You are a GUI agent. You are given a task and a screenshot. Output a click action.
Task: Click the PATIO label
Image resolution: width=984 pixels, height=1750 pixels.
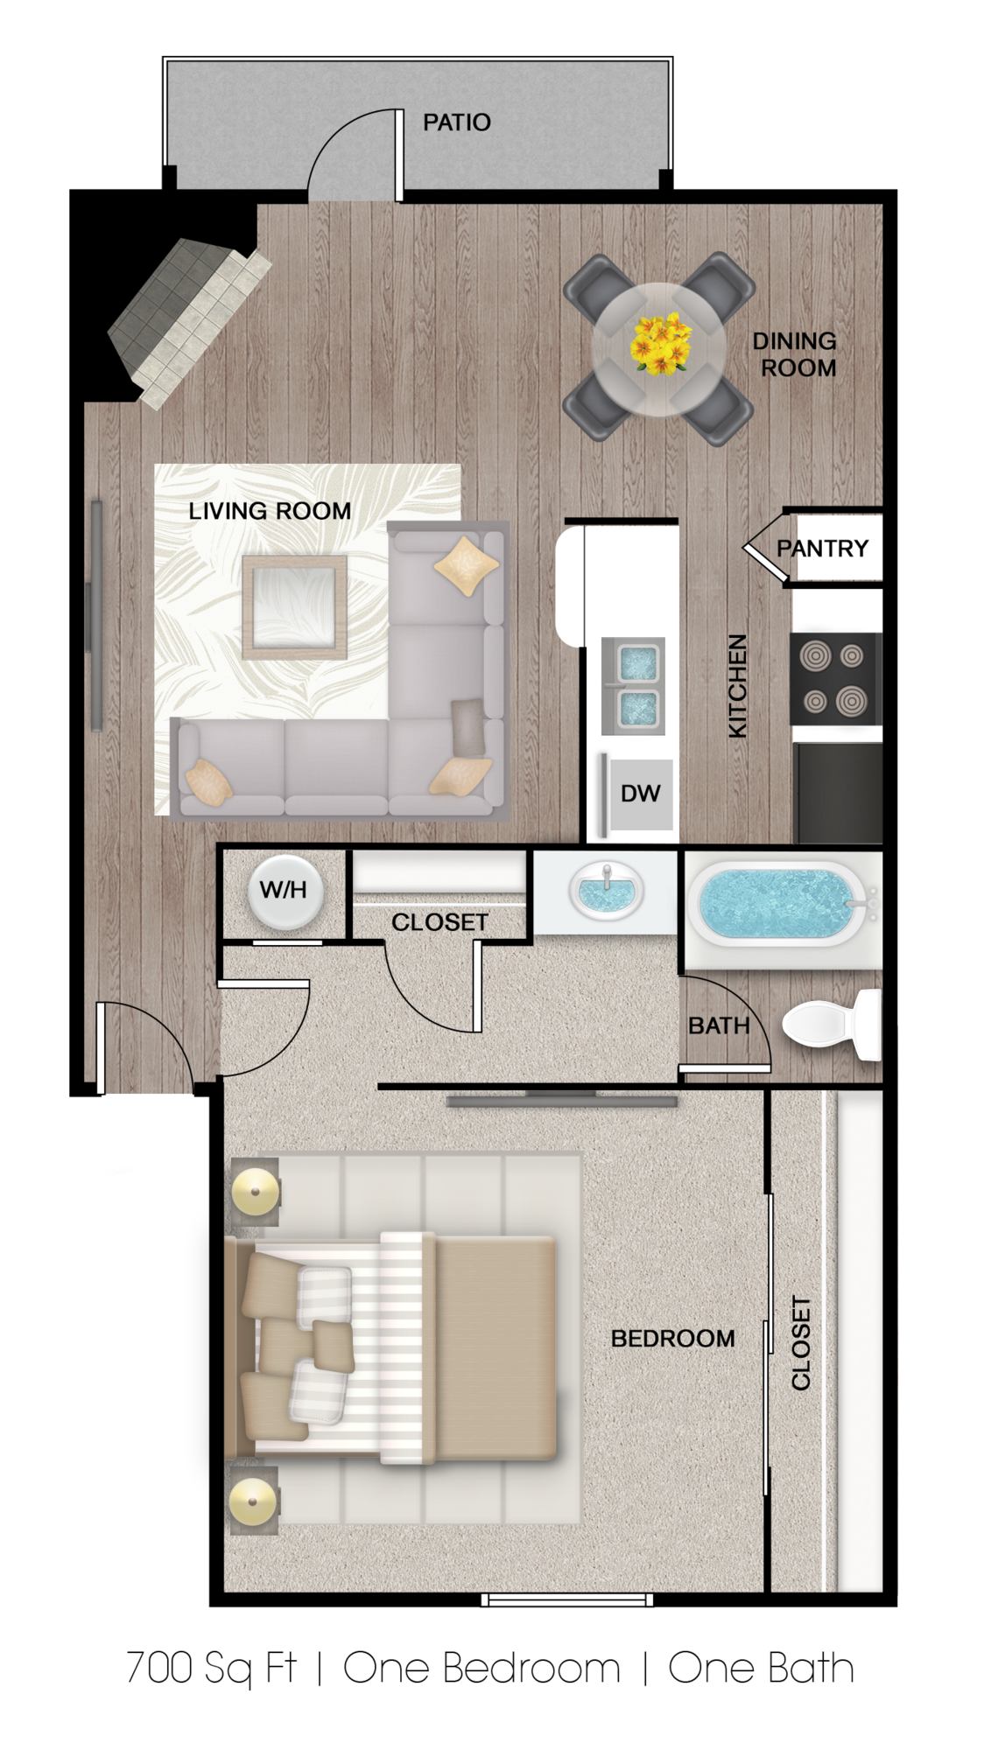[456, 122]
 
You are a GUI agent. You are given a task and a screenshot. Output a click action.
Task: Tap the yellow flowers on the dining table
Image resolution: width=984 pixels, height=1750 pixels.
[660, 343]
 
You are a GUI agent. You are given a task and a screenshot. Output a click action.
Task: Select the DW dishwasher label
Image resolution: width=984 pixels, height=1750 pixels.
[640, 794]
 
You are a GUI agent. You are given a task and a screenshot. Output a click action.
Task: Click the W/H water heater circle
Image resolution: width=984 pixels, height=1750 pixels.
[285, 890]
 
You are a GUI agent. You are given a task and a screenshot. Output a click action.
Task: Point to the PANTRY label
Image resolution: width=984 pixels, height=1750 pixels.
[823, 549]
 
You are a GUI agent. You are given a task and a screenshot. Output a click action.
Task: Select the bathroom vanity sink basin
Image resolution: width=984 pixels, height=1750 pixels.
[605, 893]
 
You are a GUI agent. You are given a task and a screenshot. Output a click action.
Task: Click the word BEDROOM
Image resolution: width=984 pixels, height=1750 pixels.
[672, 1338]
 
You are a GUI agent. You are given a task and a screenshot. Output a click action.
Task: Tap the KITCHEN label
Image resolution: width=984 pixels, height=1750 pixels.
[738, 686]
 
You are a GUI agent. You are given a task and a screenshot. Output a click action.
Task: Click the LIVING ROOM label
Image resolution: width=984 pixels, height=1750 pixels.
[270, 511]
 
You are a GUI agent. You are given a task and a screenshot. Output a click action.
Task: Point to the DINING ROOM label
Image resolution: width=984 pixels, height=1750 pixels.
[795, 354]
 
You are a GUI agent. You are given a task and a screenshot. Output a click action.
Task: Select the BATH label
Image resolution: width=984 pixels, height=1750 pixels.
[719, 1025]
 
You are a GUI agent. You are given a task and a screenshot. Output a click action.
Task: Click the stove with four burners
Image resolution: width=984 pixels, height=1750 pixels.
[836, 678]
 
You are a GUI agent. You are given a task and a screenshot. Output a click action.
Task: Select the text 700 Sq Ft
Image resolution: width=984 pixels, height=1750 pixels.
[211, 1668]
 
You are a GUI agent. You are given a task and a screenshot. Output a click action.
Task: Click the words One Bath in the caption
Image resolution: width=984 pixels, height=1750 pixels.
[762, 1668]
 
